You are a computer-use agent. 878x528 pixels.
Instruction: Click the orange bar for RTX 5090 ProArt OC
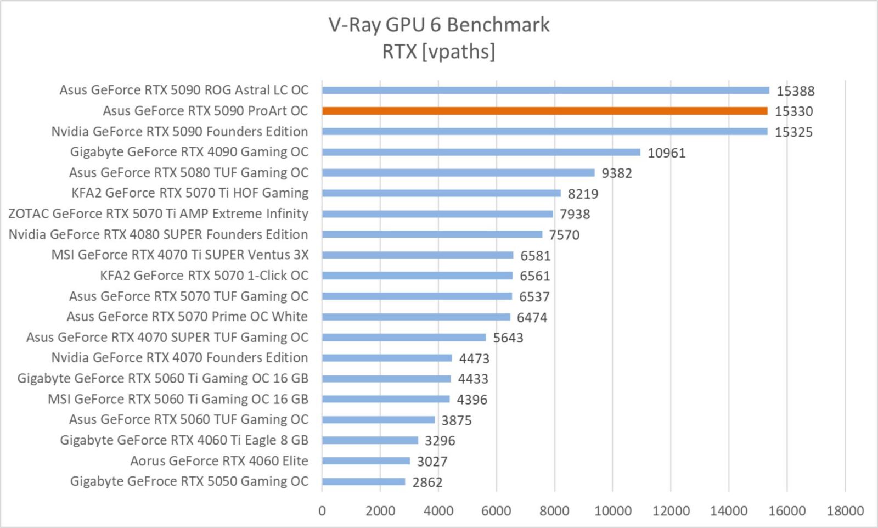coord(545,111)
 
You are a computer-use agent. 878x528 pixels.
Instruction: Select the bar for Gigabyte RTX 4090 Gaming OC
coord(481,152)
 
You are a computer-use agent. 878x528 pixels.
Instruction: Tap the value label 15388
coord(796,91)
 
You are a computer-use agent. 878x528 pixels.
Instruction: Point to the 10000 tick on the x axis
coord(613,511)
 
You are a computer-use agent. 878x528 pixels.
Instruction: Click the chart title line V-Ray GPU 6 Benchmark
coord(439,25)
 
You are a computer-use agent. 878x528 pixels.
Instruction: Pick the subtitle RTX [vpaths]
coord(438,52)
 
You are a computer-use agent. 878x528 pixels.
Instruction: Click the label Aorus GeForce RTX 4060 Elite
coord(219,461)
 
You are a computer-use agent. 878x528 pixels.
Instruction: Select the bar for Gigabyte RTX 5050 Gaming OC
coord(364,481)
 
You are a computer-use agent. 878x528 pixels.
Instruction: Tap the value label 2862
coord(427,482)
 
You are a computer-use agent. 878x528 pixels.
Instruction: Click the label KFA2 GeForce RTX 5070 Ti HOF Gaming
coord(190,193)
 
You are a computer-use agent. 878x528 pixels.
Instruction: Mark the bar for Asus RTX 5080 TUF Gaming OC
coord(458,173)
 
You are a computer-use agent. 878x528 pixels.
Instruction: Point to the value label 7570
coord(564,235)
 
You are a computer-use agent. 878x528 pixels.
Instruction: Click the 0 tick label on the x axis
coord(322,511)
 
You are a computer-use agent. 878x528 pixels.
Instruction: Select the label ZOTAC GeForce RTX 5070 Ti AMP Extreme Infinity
coord(159,214)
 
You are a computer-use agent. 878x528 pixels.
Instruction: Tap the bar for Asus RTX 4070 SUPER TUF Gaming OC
coord(404,338)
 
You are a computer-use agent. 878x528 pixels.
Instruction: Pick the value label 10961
coord(667,153)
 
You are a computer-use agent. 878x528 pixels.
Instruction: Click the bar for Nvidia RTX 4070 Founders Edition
coord(387,358)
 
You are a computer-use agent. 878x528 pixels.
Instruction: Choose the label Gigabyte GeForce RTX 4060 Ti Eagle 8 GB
coord(184,440)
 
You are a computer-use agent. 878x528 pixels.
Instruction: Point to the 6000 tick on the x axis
coord(497,511)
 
